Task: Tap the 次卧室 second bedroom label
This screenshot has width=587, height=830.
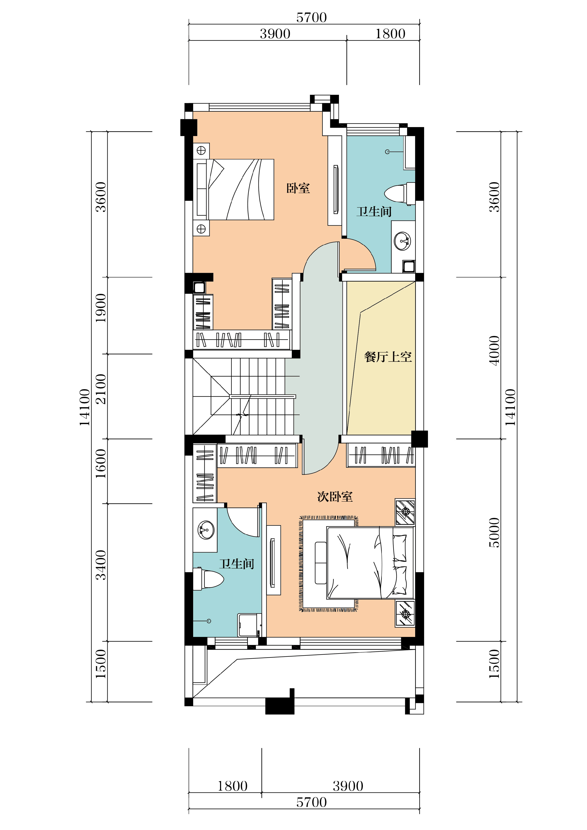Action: click(335, 497)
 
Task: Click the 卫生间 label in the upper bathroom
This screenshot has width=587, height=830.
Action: click(374, 212)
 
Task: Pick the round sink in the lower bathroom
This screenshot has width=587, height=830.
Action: click(206, 530)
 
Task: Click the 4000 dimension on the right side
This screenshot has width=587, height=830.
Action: click(494, 351)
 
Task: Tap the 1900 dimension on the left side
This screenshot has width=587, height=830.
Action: click(101, 308)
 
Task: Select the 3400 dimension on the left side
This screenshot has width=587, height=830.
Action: click(101, 565)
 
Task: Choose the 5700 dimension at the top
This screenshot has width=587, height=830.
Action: click(311, 17)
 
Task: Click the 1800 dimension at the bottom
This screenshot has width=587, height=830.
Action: click(232, 786)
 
